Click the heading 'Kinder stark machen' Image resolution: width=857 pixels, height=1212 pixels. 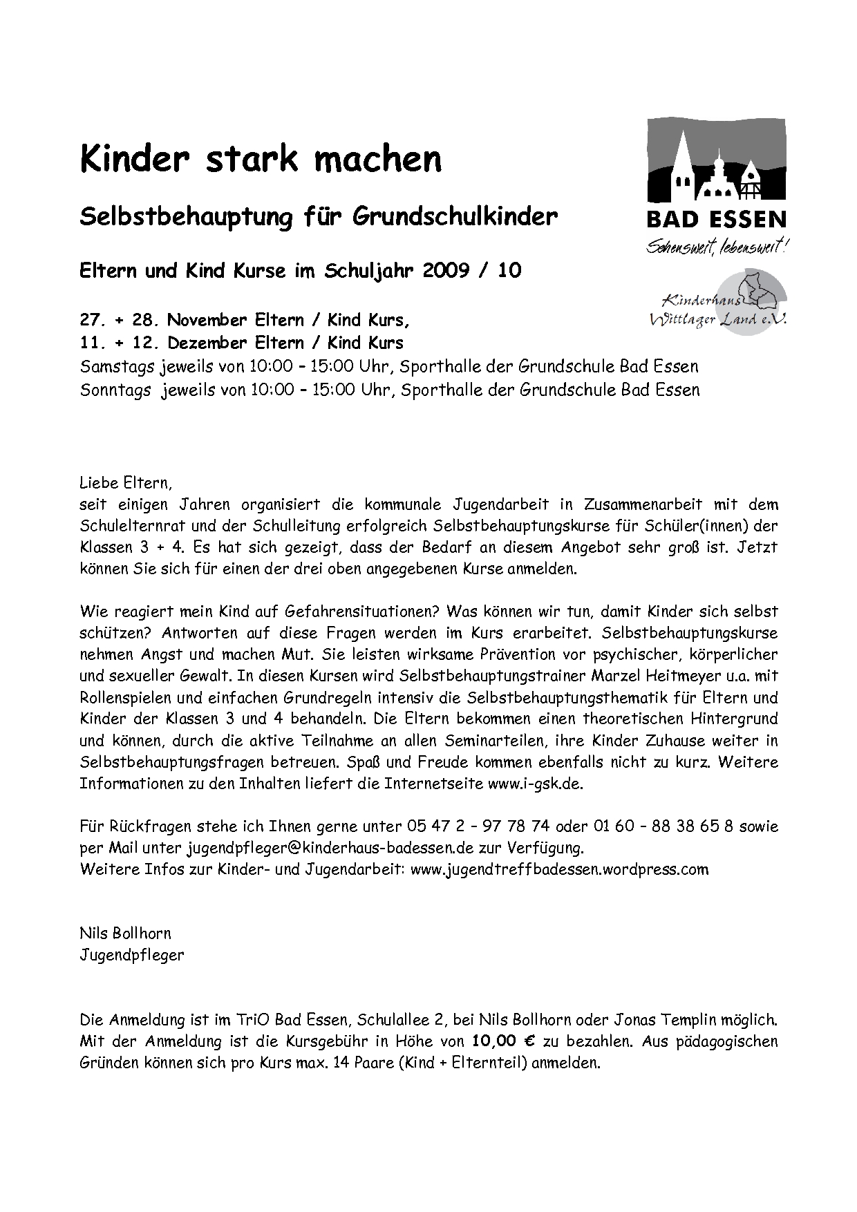pyautogui.click(x=261, y=160)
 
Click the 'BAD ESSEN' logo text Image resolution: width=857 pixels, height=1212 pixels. pyautogui.click(x=716, y=220)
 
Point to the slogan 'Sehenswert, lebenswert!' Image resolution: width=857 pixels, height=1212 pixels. pyautogui.click(x=716, y=246)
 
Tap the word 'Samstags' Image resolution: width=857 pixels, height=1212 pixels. pyautogui.click(x=117, y=366)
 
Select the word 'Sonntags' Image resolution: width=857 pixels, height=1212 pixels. pyautogui.click(x=115, y=390)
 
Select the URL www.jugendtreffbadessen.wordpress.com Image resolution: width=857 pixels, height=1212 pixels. pyautogui.click(x=559, y=869)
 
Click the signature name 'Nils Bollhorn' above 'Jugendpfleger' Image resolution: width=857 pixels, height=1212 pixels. pyautogui.click(x=125, y=934)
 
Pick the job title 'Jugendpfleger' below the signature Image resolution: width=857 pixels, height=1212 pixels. pyautogui.click(x=131, y=956)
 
